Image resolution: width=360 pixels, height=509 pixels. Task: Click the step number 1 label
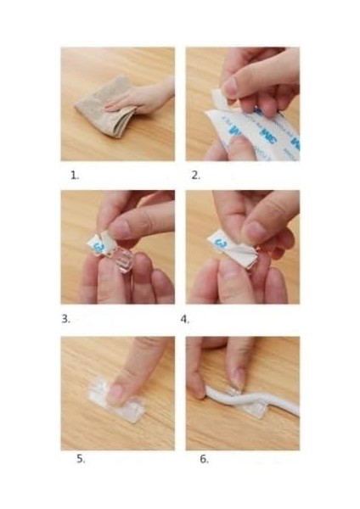click(75, 176)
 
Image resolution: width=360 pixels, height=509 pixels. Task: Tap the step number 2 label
click(196, 176)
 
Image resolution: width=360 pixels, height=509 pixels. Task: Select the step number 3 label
click(65, 319)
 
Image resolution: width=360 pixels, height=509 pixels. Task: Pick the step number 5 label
click(81, 458)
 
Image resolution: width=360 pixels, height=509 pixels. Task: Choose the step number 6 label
click(204, 459)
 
